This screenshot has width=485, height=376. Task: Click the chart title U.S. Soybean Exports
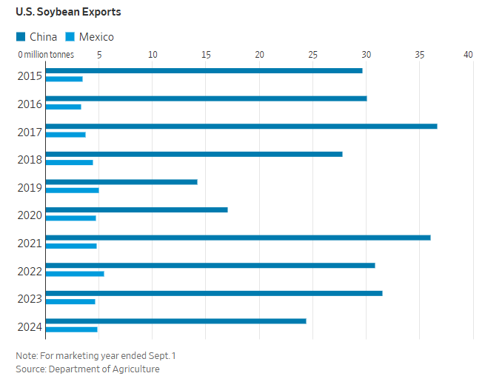point(68,13)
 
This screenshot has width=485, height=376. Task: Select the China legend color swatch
point(21,36)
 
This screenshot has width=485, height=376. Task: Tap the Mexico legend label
point(96,36)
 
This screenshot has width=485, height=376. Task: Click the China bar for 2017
point(241,126)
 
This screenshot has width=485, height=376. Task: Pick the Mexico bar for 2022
point(75,274)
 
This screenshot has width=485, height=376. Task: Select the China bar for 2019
point(121,181)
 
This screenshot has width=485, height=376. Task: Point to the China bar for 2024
point(175,320)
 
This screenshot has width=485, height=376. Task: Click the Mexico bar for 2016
point(63,107)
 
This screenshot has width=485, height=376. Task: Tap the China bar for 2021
point(238,238)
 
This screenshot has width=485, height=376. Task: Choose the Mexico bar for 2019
point(72,190)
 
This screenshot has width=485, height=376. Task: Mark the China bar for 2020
point(136,209)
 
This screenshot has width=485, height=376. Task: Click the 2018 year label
point(29,158)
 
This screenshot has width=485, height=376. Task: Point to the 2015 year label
point(29,75)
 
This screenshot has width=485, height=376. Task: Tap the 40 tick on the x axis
point(468,55)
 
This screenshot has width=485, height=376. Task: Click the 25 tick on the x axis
point(312,55)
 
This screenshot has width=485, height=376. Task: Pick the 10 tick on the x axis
point(153,55)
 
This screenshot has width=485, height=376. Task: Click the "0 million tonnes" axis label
point(46,55)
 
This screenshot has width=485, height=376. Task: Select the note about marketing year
point(96,355)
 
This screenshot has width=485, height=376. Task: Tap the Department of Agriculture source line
point(87,369)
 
